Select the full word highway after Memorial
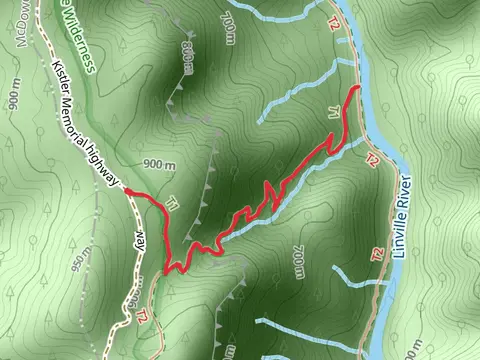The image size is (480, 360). pos(106,164)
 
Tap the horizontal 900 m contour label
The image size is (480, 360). pos(158,165)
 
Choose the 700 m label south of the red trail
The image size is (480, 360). pos(298,263)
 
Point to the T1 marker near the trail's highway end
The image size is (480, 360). pos(171,206)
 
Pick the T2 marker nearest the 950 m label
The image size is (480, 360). pos(142,316)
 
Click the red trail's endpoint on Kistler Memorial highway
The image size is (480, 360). pos(126,189)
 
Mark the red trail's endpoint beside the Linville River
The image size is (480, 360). pos(358,90)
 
